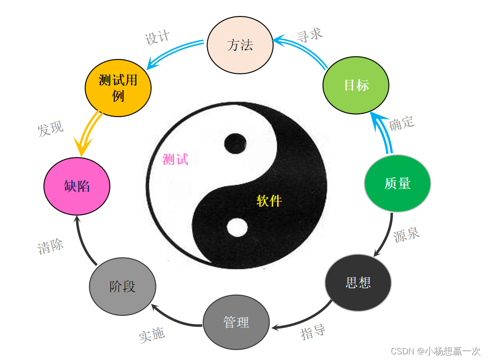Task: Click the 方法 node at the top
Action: tap(240, 46)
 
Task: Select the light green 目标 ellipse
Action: tap(356, 85)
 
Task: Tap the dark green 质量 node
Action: tap(397, 183)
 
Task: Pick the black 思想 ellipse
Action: tap(358, 282)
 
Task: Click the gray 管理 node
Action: tap(236, 323)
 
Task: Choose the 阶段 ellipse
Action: tap(123, 286)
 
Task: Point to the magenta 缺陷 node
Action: tap(77, 186)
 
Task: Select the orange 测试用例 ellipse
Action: tap(118, 88)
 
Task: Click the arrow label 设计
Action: tap(157, 37)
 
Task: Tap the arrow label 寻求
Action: tap(310, 35)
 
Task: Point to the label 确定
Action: tap(402, 123)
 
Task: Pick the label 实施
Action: tap(152, 335)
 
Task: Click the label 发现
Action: tap(51, 129)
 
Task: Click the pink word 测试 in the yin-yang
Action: tap(175, 159)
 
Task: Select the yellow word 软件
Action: tap(269, 201)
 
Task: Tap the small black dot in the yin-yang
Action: tap(235, 144)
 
